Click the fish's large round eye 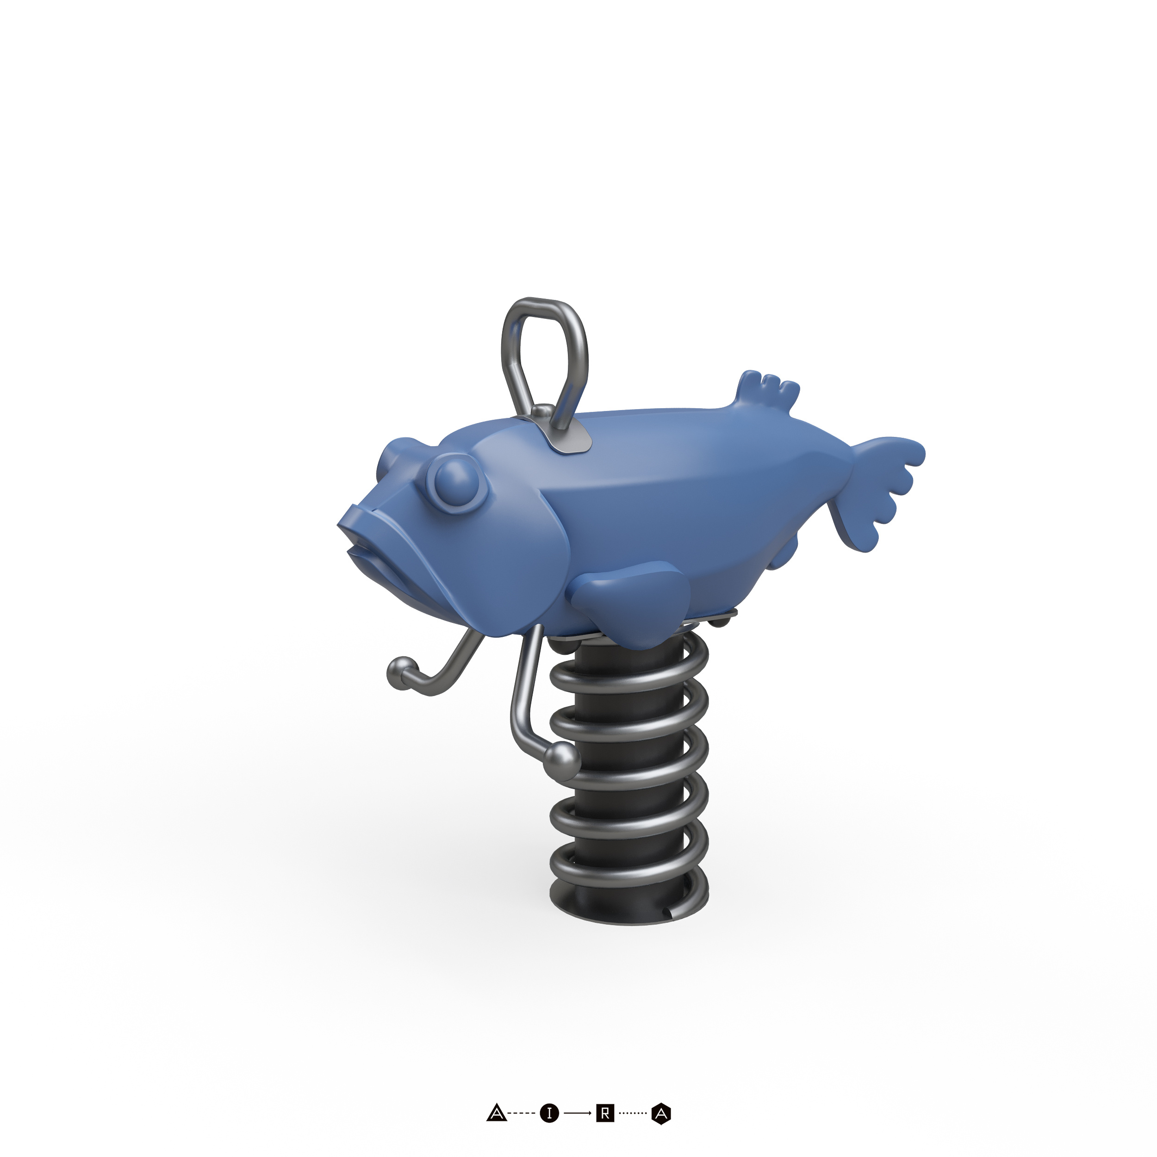[x=458, y=480]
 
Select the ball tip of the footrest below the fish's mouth [x=401, y=668]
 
